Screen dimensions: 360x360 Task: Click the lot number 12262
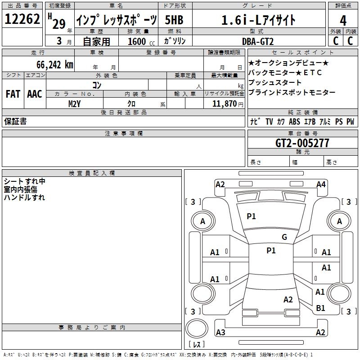tap(22, 19)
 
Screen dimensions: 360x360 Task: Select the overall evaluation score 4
tap(343, 20)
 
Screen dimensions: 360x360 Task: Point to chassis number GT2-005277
tap(302, 143)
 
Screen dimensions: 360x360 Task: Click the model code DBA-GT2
tap(264, 41)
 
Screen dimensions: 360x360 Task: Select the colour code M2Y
tap(74, 103)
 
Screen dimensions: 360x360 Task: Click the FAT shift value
tap(13, 94)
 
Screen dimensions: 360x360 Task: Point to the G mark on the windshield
tap(284, 237)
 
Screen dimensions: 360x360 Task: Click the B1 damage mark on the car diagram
tap(320, 308)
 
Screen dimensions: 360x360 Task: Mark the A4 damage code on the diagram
tap(321, 184)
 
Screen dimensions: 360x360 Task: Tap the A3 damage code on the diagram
tap(220, 333)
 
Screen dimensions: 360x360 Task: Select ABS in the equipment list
tap(294, 121)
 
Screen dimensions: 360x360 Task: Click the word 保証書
tap(15, 121)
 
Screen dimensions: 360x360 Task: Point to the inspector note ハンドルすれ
tap(24, 197)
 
